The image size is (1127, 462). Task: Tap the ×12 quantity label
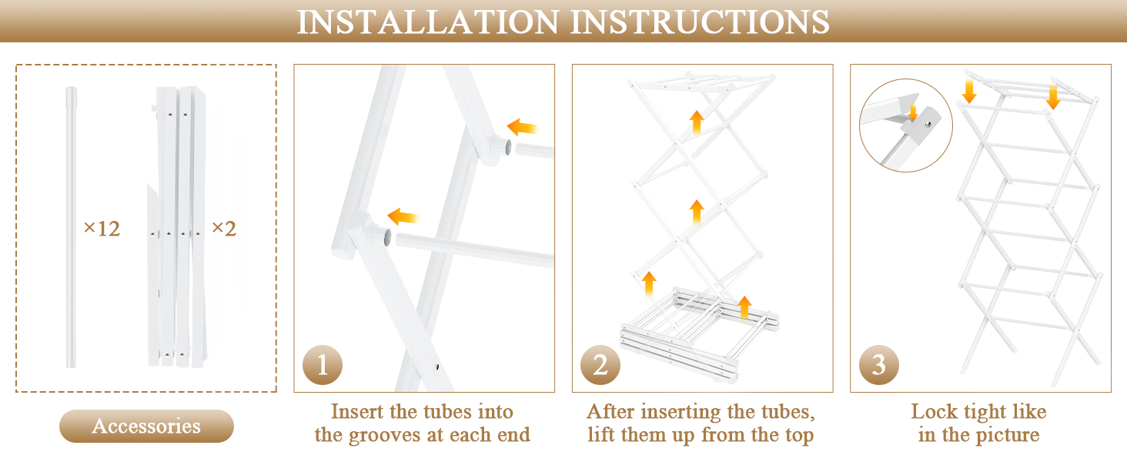point(102,228)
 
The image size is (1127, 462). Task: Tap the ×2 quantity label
point(223,228)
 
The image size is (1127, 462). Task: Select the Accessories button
point(146,426)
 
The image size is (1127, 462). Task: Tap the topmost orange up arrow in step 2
point(696,122)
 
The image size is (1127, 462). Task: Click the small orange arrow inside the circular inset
point(913,112)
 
